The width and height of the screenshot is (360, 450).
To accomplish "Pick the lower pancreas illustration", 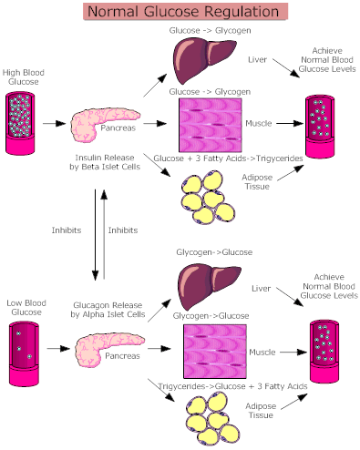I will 108,347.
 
